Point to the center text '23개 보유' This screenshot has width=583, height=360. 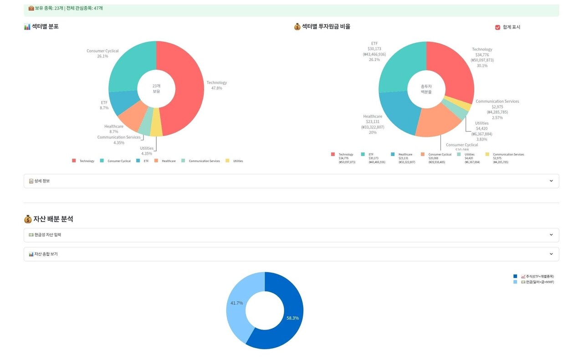point(156,89)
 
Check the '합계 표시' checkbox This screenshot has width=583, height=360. point(498,27)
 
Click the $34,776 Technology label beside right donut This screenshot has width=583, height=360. point(482,55)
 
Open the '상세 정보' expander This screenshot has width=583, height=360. point(291,181)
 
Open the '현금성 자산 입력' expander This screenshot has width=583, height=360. point(291,235)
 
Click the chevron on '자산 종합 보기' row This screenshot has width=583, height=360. point(551,254)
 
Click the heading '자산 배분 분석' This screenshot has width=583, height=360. point(53,219)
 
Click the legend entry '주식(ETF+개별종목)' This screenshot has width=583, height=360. point(537,276)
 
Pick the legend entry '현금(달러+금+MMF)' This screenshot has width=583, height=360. point(537,282)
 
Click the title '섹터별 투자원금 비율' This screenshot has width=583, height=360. point(326,27)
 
